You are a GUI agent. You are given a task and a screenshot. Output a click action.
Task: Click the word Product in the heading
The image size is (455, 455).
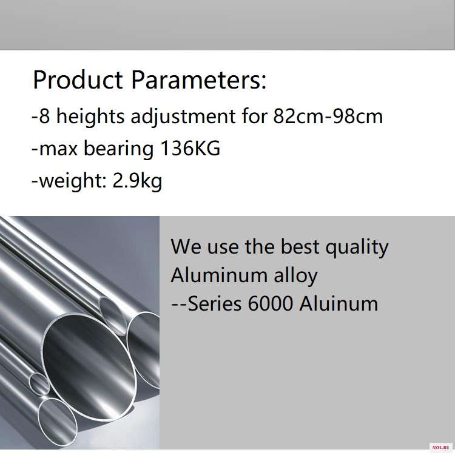click(78, 80)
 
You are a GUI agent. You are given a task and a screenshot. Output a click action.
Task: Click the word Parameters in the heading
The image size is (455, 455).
click(199, 80)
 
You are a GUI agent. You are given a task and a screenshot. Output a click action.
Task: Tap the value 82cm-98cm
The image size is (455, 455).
click(328, 116)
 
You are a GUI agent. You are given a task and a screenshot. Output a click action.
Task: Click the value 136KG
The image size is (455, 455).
click(190, 148)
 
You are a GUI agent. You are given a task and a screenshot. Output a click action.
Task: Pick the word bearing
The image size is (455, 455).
click(118, 149)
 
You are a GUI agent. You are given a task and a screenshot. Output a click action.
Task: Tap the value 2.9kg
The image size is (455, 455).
click(137, 181)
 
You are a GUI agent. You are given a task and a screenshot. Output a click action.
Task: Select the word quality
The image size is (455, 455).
click(357, 248)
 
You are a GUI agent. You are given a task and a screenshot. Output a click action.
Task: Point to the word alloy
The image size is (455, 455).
click(295, 276)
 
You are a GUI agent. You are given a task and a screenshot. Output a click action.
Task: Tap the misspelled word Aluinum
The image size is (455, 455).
click(339, 304)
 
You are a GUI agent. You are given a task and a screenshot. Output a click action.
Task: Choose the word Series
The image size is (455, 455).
click(214, 304)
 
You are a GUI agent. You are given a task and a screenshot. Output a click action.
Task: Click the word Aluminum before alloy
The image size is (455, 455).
click(219, 275)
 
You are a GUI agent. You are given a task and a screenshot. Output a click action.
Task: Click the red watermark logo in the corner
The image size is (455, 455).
click(440, 448)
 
